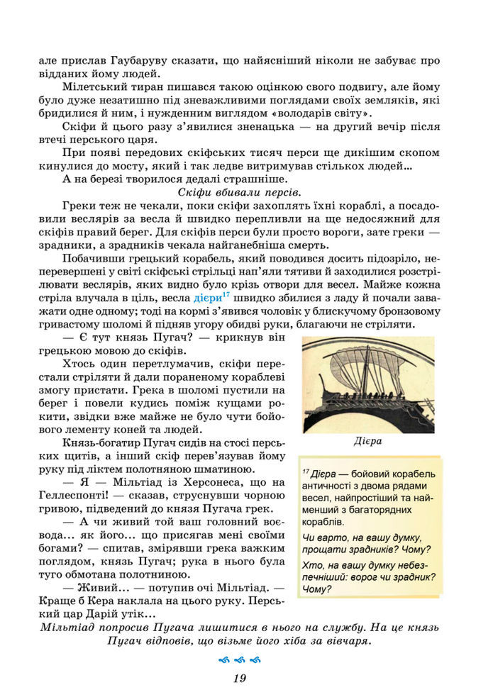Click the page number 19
238,678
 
